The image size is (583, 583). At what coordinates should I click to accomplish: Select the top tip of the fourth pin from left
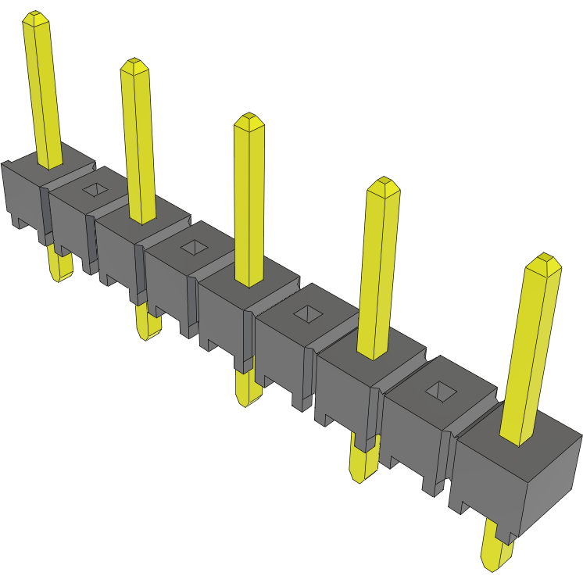click(x=384, y=184)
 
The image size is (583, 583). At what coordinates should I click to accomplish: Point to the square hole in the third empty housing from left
click(x=306, y=314)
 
